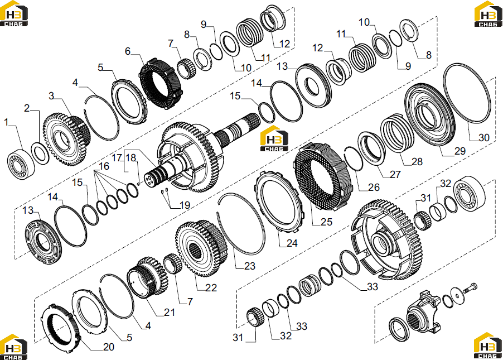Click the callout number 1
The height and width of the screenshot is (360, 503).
[x=6, y=122]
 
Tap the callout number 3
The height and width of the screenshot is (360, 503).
[x=51, y=95]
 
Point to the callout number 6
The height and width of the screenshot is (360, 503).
[x=128, y=51]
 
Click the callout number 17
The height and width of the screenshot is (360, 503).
[x=117, y=158]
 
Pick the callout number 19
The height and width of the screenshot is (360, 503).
[x=185, y=205]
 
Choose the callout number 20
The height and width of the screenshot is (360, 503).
[x=109, y=347]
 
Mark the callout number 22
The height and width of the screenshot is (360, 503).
[x=211, y=287]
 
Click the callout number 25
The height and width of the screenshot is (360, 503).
[x=326, y=222]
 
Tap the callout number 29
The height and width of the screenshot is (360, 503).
[x=460, y=151]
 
